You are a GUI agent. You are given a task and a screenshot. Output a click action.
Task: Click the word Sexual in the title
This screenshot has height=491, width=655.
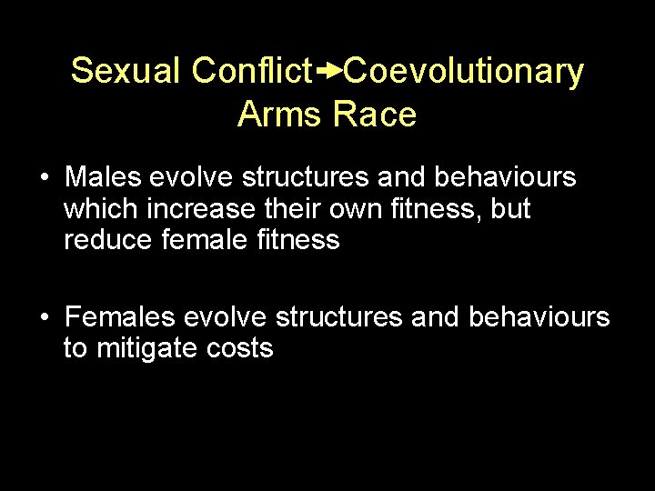(126, 70)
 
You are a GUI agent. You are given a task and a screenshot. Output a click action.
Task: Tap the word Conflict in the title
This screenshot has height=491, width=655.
(252, 70)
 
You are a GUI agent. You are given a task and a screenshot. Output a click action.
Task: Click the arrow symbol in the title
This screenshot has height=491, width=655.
(329, 69)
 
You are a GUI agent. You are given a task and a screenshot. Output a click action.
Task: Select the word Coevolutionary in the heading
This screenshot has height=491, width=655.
(464, 70)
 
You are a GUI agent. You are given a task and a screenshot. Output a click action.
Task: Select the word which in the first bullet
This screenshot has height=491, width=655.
(98, 208)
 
